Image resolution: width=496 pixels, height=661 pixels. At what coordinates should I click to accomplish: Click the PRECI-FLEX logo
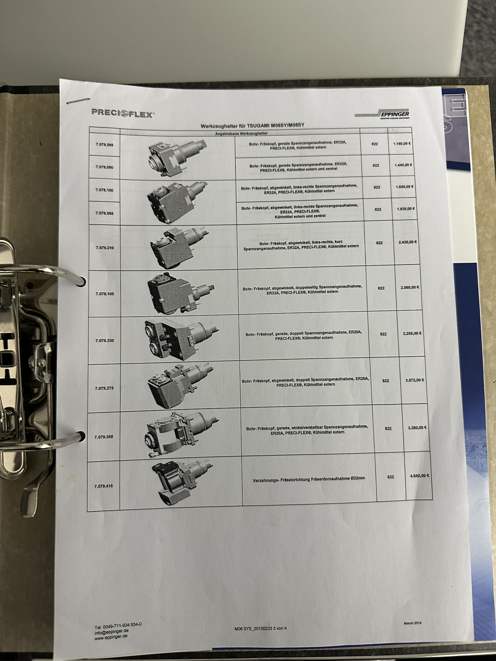123,113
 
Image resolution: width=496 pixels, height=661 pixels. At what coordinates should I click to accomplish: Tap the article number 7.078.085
105,145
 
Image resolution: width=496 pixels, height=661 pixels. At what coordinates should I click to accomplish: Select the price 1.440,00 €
404,165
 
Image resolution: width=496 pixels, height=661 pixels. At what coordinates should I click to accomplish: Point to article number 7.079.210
105,248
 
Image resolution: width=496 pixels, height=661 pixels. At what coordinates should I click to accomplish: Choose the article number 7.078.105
105,294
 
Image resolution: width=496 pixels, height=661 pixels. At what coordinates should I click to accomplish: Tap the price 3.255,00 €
412,333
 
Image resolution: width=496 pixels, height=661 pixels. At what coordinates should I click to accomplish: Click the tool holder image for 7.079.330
181,339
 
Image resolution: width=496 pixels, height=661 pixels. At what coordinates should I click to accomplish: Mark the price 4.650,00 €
419,475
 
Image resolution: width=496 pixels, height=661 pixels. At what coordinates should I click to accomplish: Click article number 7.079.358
104,437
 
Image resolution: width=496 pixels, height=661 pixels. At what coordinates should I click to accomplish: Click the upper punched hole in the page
83,281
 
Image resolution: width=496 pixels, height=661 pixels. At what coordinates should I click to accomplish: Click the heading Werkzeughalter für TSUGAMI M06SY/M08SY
253,126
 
